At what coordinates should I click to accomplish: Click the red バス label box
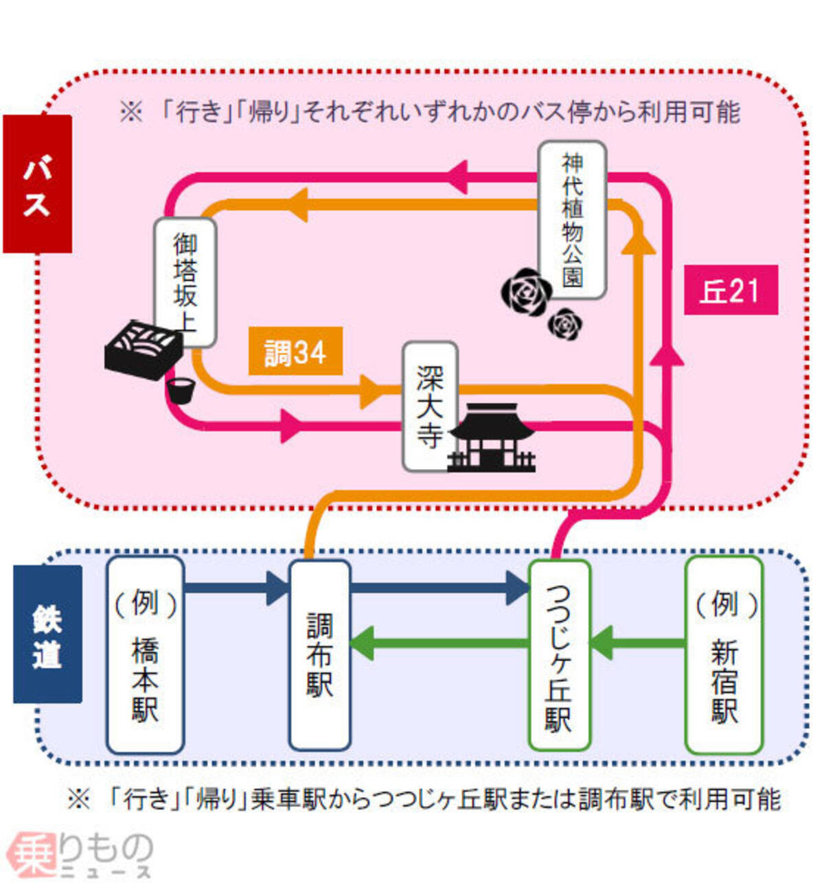[x=37, y=184]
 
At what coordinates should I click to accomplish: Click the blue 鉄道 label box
[x=47, y=634]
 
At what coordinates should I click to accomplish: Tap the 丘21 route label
[x=731, y=290]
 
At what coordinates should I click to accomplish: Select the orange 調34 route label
[x=295, y=353]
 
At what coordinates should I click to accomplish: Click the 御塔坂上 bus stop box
[x=185, y=282]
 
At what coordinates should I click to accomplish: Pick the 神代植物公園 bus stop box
[x=572, y=220]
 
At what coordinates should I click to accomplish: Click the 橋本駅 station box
[x=145, y=654]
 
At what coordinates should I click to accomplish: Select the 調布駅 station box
[x=319, y=654]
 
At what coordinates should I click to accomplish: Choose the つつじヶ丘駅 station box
[x=559, y=654]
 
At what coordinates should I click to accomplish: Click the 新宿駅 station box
[x=724, y=654]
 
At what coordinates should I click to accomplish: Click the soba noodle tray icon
[x=144, y=350]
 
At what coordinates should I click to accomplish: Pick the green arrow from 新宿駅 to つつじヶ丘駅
[x=638, y=643]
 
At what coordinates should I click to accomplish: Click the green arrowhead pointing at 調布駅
[x=363, y=644]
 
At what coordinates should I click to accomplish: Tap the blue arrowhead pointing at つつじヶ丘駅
[x=518, y=588]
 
